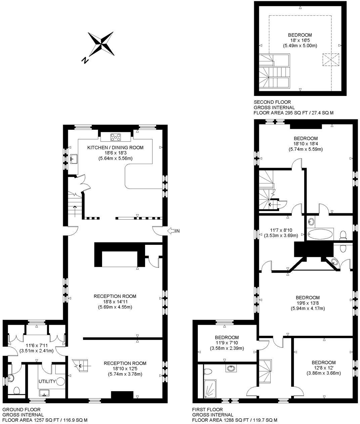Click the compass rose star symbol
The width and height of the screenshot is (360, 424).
(x=101, y=44)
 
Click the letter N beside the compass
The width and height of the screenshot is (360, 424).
(x=85, y=60)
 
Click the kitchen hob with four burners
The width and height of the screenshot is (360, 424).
(x=116, y=137)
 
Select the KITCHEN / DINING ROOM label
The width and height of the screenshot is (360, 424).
(x=115, y=148)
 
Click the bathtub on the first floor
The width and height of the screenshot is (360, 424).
(x=320, y=233)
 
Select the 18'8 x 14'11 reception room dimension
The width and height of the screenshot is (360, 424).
(x=115, y=302)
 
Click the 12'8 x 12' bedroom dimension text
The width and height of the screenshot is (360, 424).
(x=323, y=368)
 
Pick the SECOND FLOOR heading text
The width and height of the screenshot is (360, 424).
(x=272, y=102)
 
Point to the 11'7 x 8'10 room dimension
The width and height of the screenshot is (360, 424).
(x=281, y=230)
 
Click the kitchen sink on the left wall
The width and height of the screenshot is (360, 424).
(x=74, y=158)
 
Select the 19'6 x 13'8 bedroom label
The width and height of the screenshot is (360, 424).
(x=307, y=303)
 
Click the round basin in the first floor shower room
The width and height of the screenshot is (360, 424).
(x=230, y=368)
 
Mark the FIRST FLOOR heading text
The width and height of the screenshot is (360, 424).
(x=207, y=410)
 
